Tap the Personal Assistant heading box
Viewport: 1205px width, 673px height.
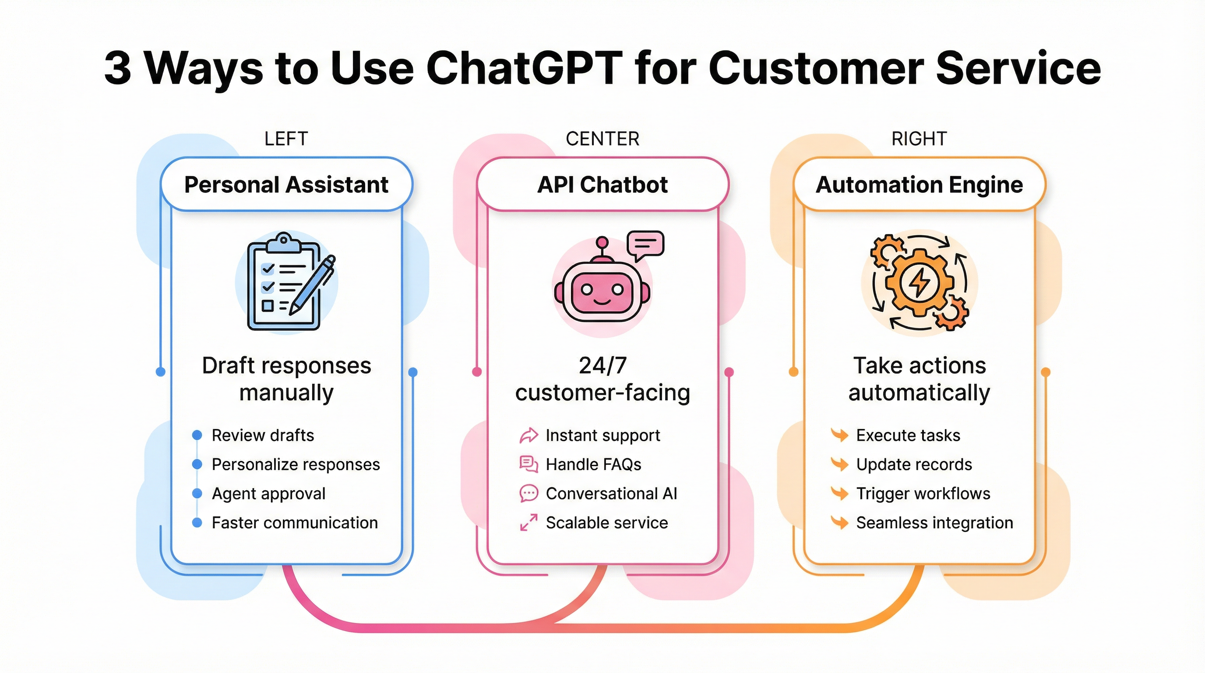tap(286, 184)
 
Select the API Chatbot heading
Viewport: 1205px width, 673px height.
tap(602, 184)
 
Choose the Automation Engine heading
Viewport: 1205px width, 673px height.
tap(919, 184)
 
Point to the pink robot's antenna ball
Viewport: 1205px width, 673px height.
tap(602, 242)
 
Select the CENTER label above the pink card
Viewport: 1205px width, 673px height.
tap(602, 139)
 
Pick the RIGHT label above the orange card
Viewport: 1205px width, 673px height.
tap(919, 139)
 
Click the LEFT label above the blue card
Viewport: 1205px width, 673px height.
tap(286, 139)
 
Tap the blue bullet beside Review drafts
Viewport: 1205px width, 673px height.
tap(197, 435)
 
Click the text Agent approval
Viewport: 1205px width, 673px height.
tap(268, 494)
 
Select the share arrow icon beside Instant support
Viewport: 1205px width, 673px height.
tap(529, 435)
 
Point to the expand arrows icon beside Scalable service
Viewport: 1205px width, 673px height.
tap(529, 523)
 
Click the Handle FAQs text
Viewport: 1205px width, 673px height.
tap(593, 465)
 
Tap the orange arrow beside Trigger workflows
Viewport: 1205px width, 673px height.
tap(840, 494)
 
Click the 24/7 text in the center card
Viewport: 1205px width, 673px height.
tap(602, 365)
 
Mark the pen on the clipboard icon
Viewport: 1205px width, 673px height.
tap(313, 286)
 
